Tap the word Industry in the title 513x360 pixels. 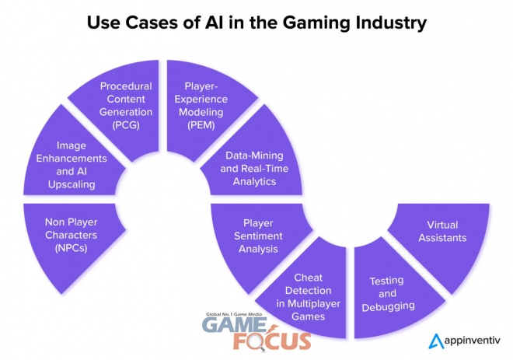pos(391,23)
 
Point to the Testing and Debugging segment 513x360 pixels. pos(389,295)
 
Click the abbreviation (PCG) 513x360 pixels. pos(126,125)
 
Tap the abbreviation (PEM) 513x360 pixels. pos(201,125)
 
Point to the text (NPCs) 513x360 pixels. pos(72,248)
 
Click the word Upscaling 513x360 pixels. pos(72,184)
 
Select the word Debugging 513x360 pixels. pos(389,307)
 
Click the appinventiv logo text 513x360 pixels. pos(472,341)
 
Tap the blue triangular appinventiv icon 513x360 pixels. pos(437,341)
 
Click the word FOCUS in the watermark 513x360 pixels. pos(272,341)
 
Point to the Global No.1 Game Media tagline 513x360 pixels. pos(234,314)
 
